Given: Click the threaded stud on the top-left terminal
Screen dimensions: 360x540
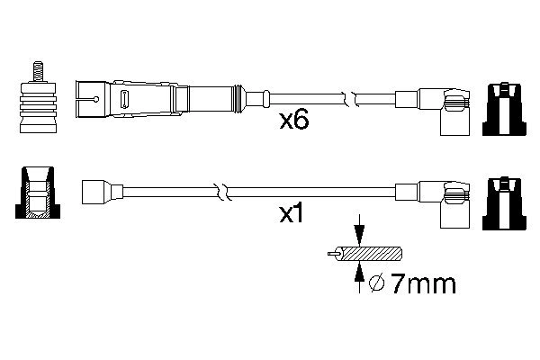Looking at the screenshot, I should [x=39, y=70].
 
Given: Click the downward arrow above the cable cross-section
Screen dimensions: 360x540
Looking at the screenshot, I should [x=359, y=229].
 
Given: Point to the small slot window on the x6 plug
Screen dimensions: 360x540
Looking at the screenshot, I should [x=125, y=96].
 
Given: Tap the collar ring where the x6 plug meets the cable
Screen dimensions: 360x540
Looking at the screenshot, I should [x=238, y=95].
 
